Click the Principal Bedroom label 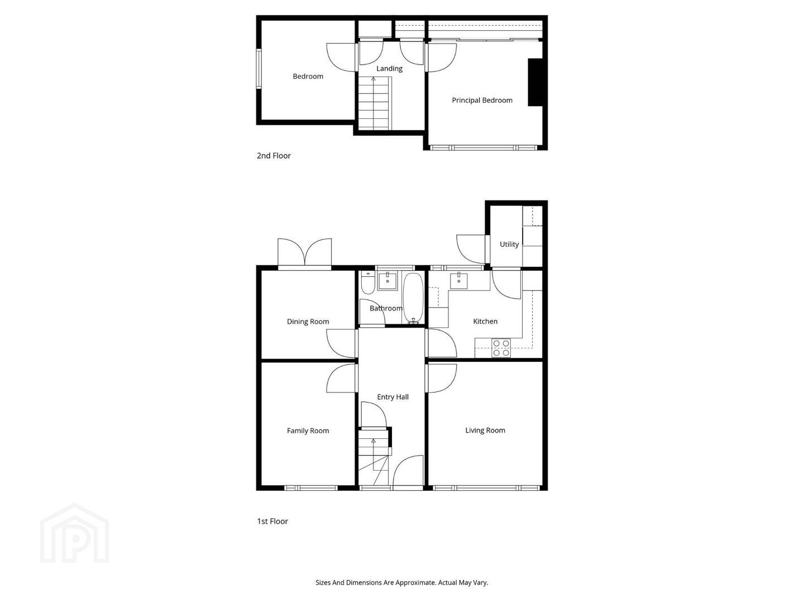482,100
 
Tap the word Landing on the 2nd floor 389,69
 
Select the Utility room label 509,244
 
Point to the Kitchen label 485,322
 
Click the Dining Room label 308,322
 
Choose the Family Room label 308,430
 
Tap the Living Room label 485,430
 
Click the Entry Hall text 393,397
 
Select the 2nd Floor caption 274,156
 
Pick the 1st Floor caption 272,521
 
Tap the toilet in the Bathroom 368,283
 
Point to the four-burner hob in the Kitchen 501,348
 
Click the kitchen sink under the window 458,281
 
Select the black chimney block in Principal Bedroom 535,83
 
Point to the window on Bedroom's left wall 259,69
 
